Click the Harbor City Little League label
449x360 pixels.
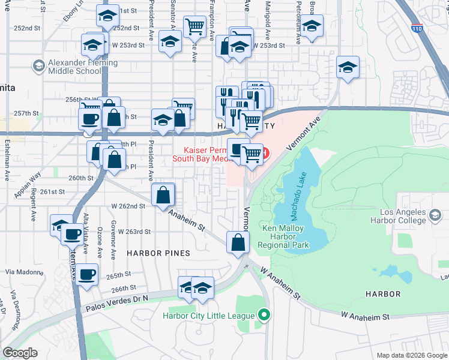tap(209, 315)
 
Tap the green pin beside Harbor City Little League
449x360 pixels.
tap(263, 314)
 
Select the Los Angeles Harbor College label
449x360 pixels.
tap(403, 217)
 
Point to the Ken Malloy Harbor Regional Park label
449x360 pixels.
tap(283, 236)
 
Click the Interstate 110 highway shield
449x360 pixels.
tap(416, 28)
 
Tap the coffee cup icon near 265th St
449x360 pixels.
tap(86, 274)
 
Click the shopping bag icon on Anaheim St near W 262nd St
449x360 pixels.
tap(163, 194)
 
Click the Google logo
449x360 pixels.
tap(20, 353)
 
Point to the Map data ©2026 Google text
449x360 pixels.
tap(412, 355)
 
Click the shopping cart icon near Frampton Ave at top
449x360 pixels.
tap(194, 26)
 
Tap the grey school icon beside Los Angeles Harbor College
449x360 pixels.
tap(434, 214)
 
